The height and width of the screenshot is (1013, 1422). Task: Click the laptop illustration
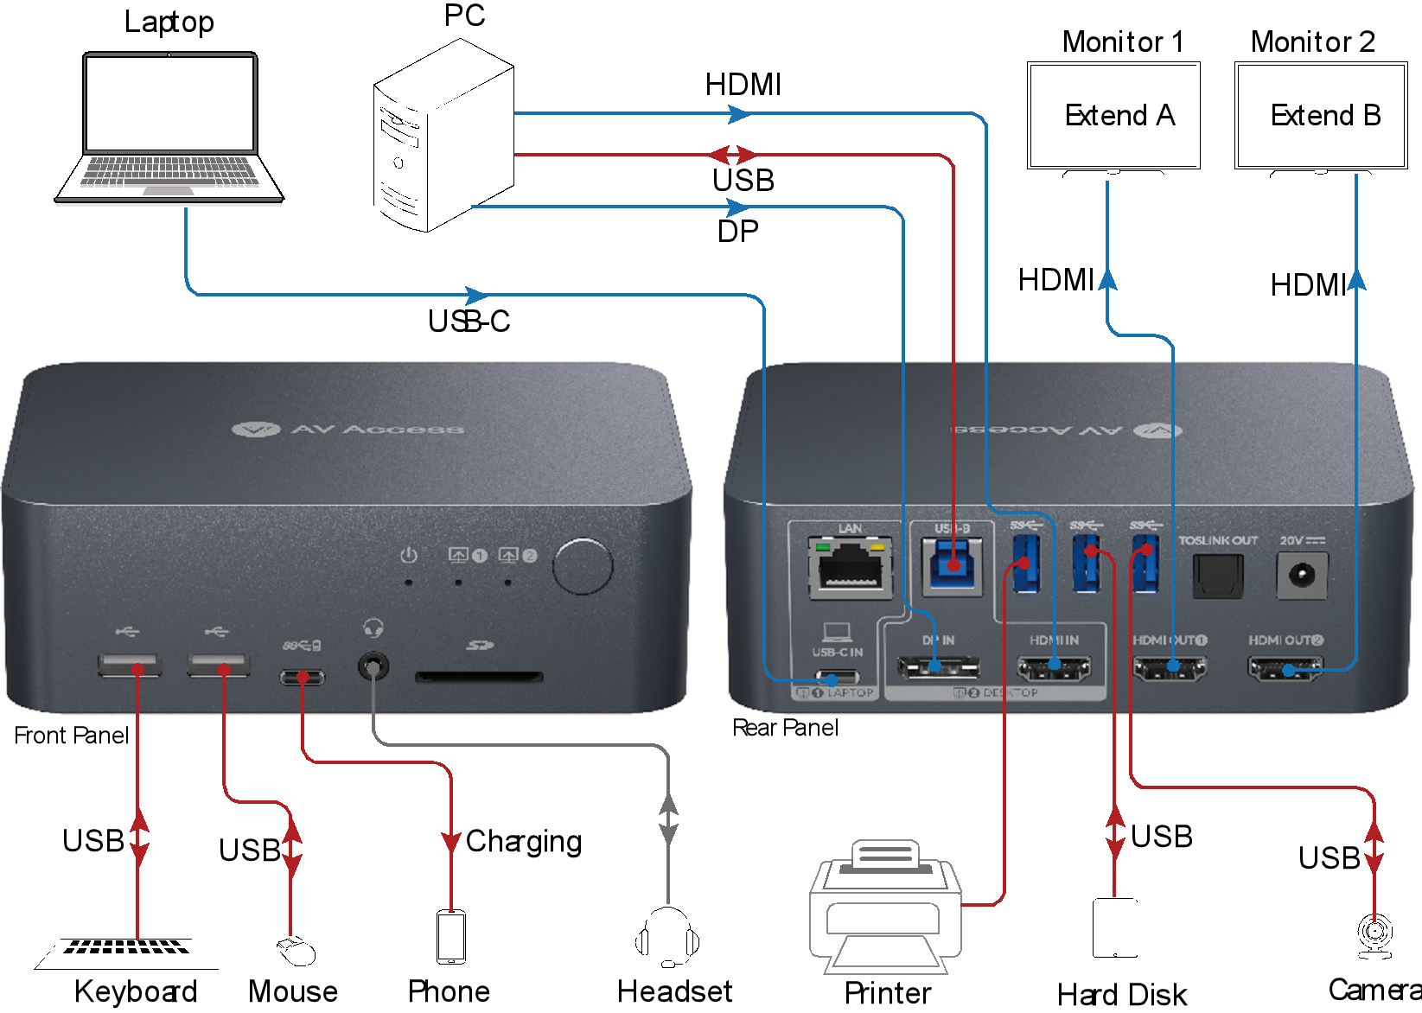pyautogui.click(x=169, y=130)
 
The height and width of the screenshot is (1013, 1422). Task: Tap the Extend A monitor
pyautogui.click(x=1113, y=116)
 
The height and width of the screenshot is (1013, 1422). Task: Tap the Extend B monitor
pyautogui.click(x=1321, y=116)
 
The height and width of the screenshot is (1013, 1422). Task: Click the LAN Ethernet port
pyautogui.click(x=851, y=568)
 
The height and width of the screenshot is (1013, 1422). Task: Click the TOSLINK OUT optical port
pyautogui.click(x=1217, y=575)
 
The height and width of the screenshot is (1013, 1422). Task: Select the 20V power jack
pyautogui.click(x=1301, y=575)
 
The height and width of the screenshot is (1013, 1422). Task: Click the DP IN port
pyautogui.click(x=938, y=667)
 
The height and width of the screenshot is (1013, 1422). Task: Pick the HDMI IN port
pyautogui.click(x=1054, y=667)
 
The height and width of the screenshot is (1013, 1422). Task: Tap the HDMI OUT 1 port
pyautogui.click(x=1170, y=667)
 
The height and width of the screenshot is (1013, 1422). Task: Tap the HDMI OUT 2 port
pyautogui.click(x=1285, y=667)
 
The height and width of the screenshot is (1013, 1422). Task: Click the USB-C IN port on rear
pyautogui.click(x=836, y=678)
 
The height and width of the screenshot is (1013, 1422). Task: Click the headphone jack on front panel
pyautogui.click(x=373, y=667)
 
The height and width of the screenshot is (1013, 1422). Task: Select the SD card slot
pyautogui.click(x=479, y=677)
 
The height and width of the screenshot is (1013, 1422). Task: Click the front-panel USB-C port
pyautogui.click(x=302, y=677)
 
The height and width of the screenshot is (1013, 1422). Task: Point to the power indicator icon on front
pyautogui.click(x=409, y=556)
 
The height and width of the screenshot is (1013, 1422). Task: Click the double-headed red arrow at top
pyautogui.click(x=732, y=156)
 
